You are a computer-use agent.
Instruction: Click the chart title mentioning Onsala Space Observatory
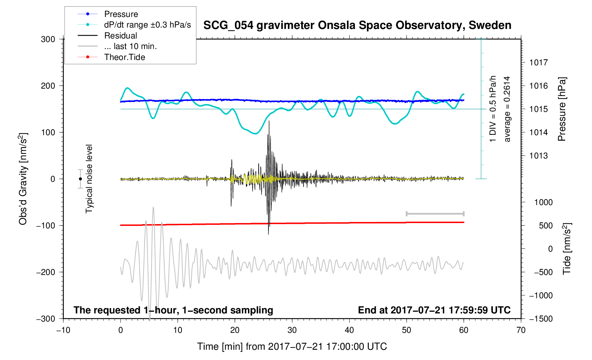point(357,25)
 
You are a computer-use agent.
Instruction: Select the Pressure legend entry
point(121,14)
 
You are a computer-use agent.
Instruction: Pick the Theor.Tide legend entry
point(124,57)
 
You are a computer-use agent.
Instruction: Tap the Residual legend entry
point(120,36)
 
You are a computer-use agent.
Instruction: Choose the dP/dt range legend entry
point(147,25)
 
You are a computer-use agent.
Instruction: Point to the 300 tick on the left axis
point(48,39)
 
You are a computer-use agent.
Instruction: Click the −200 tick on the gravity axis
point(46,272)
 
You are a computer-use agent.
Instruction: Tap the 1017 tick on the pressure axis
point(538,62)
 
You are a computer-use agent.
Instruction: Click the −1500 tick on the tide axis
point(541,319)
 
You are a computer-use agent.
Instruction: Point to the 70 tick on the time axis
point(521,330)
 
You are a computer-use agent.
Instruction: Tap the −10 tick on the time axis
point(63,330)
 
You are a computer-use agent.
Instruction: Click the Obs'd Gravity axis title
point(23,179)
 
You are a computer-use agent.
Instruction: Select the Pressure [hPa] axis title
point(562,109)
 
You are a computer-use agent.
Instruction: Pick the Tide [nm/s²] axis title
point(567,249)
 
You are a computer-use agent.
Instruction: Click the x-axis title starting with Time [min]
point(292,347)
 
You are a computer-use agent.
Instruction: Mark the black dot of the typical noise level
point(81,179)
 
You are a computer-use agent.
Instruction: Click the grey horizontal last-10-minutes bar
point(435,214)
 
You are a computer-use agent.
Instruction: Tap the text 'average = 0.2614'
point(507,109)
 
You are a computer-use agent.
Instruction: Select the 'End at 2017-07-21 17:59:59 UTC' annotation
point(434,310)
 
